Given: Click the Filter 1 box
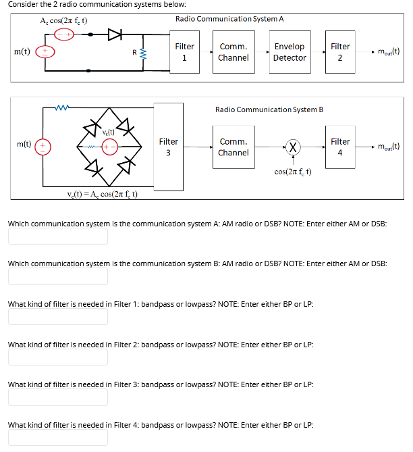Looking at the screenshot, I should pyautogui.click(x=184, y=52).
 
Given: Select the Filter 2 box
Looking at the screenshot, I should pyautogui.click(x=340, y=52).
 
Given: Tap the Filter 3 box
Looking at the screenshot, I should pyautogui.click(x=168, y=147).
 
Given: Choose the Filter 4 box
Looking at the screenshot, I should pyautogui.click(x=340, y=147).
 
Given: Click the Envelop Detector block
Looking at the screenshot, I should pyautogui.click(x=290, y=52).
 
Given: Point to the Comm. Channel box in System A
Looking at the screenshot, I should pyautogui.click(x=233, y=52).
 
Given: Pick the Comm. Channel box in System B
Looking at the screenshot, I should pyautogui.click(x=233, y=147).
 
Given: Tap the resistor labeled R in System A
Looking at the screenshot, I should pyautogui.click(x=142, y=52).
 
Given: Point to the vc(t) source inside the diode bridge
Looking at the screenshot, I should pyautogui.click(x=110, y=145).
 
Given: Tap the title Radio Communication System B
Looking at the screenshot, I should pyautogui.click(x=269, y=109).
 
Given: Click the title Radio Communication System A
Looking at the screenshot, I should pyautogui.click(x=229, y=18).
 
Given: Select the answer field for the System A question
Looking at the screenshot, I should pyautogui.click(x=58, y=236).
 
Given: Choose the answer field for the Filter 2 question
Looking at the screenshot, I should pyautogui.click(x=58, y=357).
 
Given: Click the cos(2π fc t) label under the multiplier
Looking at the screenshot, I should pyautogui.click(x=293, y=172).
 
